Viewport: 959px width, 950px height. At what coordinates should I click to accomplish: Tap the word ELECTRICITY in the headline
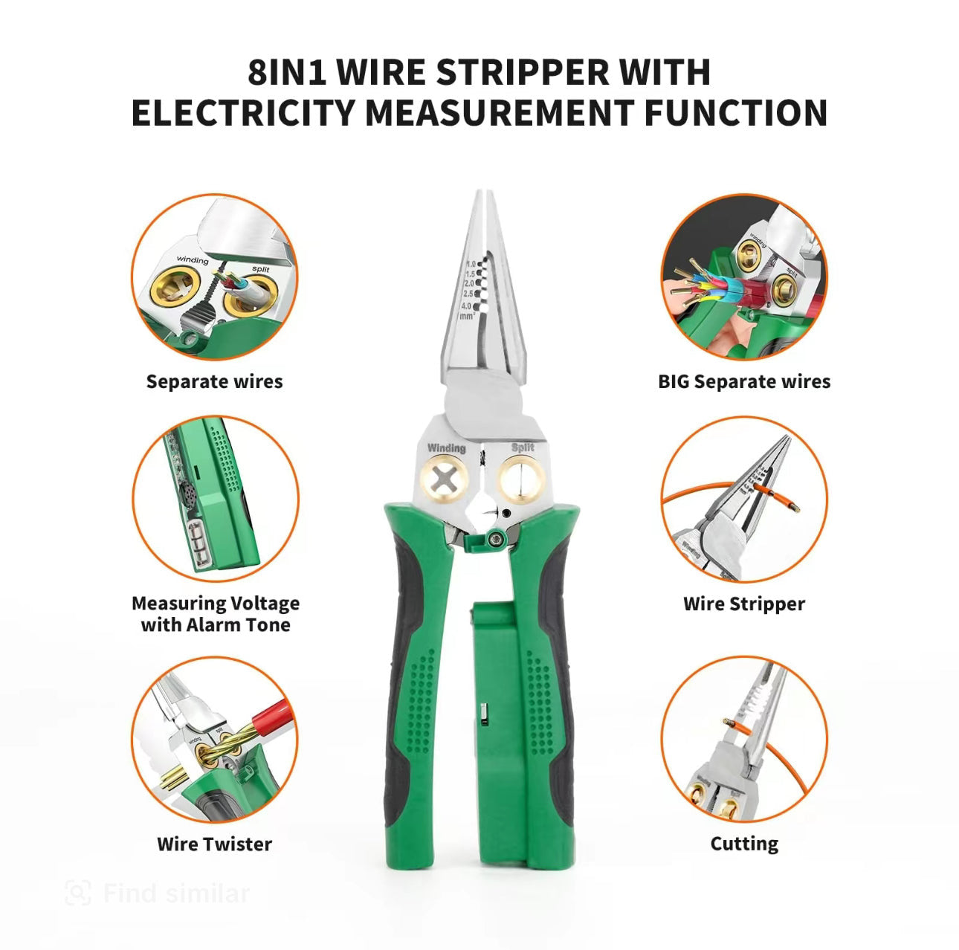[x=242, y=113]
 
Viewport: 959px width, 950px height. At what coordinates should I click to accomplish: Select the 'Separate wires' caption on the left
[x=214, y=381]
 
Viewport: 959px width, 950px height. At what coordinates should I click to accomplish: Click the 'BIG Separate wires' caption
[x=743, y=381]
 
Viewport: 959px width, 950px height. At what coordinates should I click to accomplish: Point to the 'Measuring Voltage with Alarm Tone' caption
[x=215, y=613]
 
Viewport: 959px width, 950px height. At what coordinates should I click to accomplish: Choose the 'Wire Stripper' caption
[x=743, y=604]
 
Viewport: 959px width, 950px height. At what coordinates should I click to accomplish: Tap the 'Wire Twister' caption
[x=214, y=844]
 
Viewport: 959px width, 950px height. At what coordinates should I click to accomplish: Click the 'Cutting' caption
[x=743, y=844]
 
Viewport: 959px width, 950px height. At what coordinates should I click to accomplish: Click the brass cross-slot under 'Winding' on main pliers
[x=444, y=479]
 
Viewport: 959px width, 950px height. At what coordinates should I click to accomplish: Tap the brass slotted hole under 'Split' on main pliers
[x=522, y=479]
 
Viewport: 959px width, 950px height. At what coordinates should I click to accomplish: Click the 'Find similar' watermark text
[x=176, y=893]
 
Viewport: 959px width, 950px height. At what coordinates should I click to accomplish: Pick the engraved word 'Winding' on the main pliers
[x=446, y=447]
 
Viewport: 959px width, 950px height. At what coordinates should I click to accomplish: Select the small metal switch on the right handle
[x=482, y=714]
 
